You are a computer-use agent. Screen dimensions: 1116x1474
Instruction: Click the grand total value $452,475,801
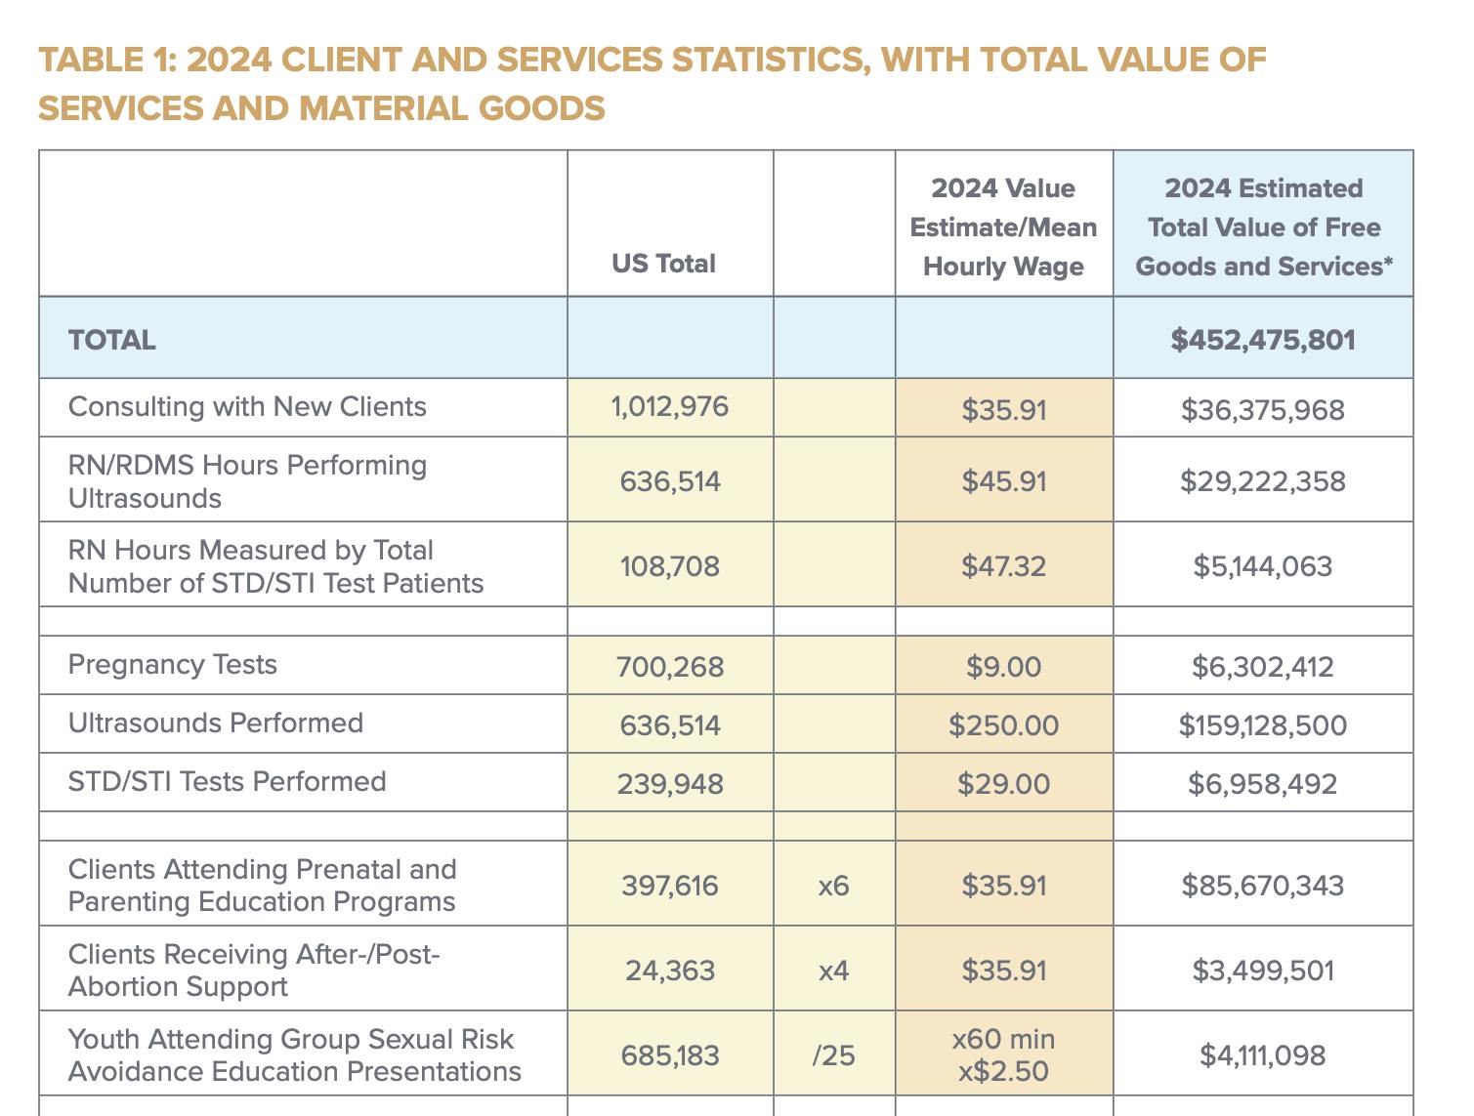pos(1262,340)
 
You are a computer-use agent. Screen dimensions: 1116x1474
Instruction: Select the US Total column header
pos(663,264)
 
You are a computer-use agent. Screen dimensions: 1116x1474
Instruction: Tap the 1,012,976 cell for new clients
pos(670,406)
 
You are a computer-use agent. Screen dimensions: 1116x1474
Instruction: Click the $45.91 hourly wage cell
pos(1003,481)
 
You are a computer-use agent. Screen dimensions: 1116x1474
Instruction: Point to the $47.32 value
pos(1003,566)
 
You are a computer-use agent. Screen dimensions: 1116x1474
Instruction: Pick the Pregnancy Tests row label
pos(173,665)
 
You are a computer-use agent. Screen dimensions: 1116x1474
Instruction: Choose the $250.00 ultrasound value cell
pos(1003,725)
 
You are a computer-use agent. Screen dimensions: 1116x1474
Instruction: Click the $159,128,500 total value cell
pos(1262,725)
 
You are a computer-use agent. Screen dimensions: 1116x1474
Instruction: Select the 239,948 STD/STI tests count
pos(670,784)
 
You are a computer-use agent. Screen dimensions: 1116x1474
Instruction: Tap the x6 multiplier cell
pos(833,886)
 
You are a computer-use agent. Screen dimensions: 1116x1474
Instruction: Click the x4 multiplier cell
pos(833,971)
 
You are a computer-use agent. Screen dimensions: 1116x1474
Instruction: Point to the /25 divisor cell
pos(833,1055)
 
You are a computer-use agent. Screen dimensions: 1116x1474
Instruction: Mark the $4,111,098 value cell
pos(1262,1055)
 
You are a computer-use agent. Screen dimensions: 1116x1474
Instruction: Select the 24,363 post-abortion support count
pos(670,971)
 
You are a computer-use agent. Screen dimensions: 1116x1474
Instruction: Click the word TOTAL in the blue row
pos(112,340)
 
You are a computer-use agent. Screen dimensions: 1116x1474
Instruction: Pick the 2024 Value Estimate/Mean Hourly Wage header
pos(1003,227)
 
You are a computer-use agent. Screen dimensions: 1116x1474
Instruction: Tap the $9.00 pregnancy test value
pos(1003,667)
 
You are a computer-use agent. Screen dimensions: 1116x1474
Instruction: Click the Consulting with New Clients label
pos(247,406)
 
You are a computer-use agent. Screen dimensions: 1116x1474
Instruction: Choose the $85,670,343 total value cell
pos(1262,886)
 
